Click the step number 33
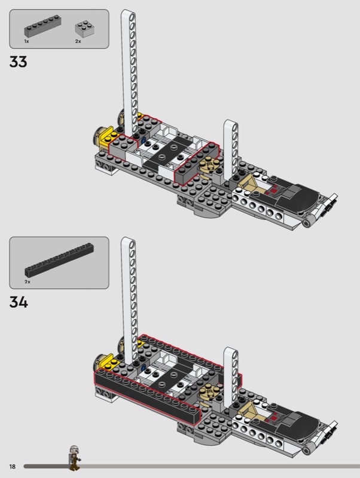19,62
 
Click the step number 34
19,302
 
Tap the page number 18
12,467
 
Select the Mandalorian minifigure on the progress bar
74,458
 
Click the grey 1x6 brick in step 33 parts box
42,26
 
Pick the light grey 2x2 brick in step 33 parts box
84,28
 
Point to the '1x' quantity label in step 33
26,41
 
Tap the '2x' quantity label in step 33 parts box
78,41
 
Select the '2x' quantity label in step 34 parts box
28,281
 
